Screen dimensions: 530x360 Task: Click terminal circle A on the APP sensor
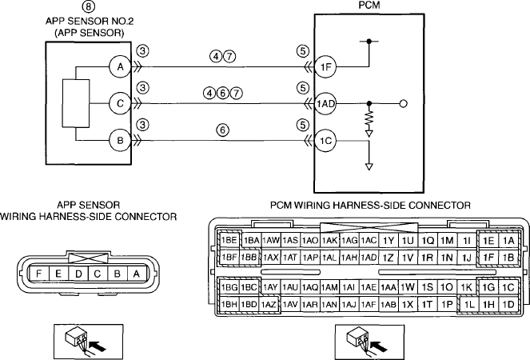[120, 67]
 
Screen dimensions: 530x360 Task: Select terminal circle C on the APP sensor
[120, 103]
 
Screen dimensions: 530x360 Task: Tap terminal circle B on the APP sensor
[120, 141]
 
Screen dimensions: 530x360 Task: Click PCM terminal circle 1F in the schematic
[325, 67]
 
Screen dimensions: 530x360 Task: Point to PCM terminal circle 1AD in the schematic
[325, 103]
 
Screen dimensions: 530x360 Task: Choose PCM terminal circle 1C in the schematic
[325, 141]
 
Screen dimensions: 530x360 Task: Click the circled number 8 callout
[89, 6]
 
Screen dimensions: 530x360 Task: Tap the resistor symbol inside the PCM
[369, 119]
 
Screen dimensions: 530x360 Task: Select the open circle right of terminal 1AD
[403, 103]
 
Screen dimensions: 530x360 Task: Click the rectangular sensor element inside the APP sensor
[76, 103]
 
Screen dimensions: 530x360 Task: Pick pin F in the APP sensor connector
[39, 274]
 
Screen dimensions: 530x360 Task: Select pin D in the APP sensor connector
[78, 274]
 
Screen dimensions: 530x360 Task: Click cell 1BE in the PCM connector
[229, 241]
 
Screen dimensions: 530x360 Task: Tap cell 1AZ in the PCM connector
[269, 305]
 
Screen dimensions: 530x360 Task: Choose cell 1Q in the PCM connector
[428, 241]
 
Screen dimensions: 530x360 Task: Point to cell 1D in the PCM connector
[508, 305]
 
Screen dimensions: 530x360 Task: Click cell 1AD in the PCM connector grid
[369, 258]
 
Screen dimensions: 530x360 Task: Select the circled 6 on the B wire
[222, 130]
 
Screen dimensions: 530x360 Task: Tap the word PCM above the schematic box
[369, 6]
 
